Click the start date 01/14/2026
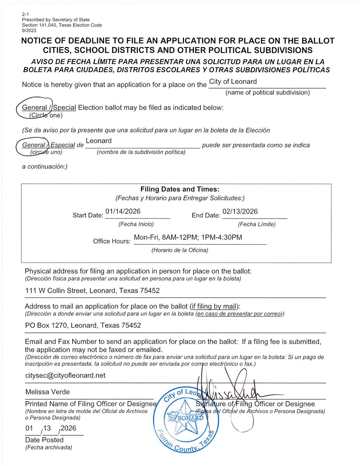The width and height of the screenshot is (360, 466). click(x=123, y=211)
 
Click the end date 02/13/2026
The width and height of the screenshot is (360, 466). click(x=240, y=211)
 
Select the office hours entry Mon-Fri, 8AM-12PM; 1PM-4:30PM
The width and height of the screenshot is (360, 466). click(x=188, y=237)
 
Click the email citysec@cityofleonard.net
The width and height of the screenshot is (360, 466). click(x=65, y=376)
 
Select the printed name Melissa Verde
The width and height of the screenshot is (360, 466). click(x=48, y=392)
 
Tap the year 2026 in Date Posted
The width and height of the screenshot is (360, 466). click(x=68, y=428)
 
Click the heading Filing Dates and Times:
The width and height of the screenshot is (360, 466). click(x=180, y=190)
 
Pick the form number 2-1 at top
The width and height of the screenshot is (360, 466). click(x=26, y=14)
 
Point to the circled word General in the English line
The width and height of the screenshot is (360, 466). click(x=34, y=108)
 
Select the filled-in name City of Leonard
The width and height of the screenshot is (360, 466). click(x=233, y=82)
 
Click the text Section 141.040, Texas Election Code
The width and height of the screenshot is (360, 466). click(x=62, y=25)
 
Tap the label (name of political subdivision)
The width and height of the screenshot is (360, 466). click(x=268, y=92)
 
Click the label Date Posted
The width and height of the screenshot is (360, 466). click(x=44, y=440)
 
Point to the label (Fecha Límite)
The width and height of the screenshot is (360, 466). click(x=257, y=224)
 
